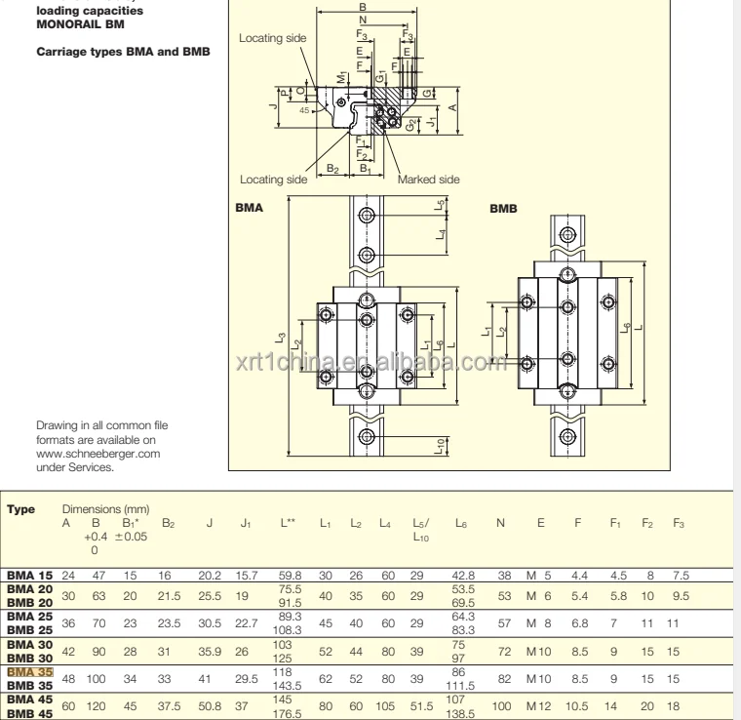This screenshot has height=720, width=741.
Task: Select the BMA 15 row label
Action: point(28,578)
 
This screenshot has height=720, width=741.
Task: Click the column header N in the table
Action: point(500,524)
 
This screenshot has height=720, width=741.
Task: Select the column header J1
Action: point(247,524)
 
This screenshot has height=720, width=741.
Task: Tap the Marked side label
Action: point(429,180)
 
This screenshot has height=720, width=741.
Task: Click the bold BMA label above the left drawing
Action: point(251,208)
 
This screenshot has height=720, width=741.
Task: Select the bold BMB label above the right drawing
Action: point(503,208)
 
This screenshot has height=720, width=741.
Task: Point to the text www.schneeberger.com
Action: point(97,453)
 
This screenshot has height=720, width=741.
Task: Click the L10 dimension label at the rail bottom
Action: point(442,445)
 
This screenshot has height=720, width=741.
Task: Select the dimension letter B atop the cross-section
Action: point(363,7)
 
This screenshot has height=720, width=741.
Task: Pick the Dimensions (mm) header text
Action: point(106,509)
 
